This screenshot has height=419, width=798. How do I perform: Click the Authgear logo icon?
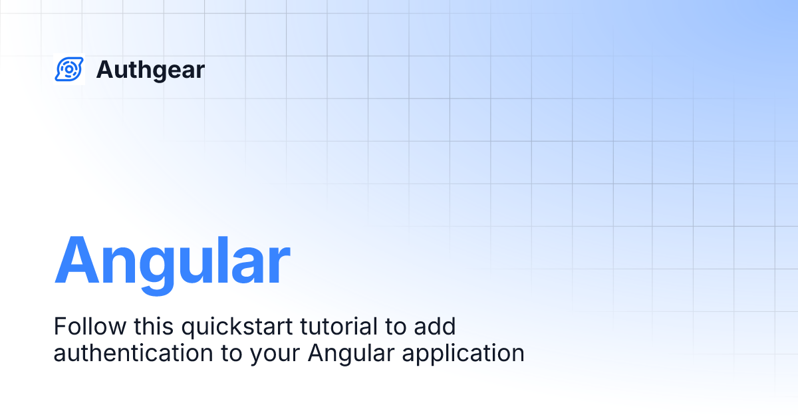coord(68,69)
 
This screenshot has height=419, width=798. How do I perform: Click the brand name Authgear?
coord(150,70)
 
